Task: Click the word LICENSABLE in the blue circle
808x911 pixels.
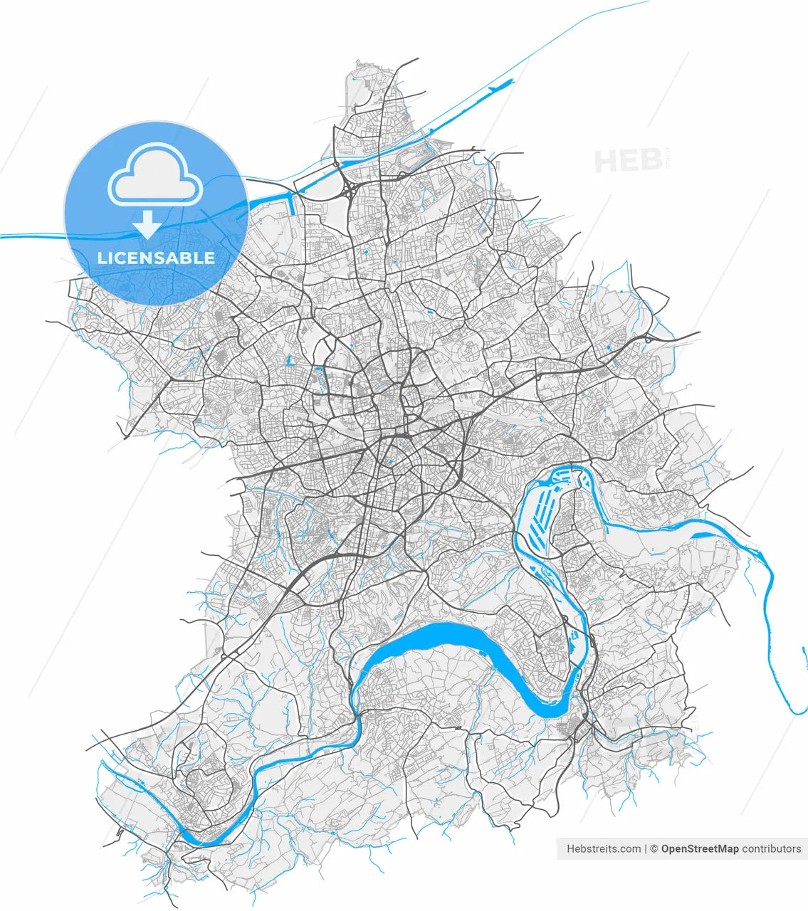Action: tap(156, 258)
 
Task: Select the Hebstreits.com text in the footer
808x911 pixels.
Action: tap(603, 848)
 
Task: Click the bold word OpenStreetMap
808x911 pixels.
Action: tap(700, 848)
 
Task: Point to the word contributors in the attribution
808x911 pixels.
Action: tap(772, 848)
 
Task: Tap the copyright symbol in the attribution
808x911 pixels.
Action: tap(654, 848)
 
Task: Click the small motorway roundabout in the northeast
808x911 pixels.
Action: tap(648, 339)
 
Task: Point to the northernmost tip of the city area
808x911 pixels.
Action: tap(360, 65)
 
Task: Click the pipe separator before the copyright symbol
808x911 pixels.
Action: tap(646, 848)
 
